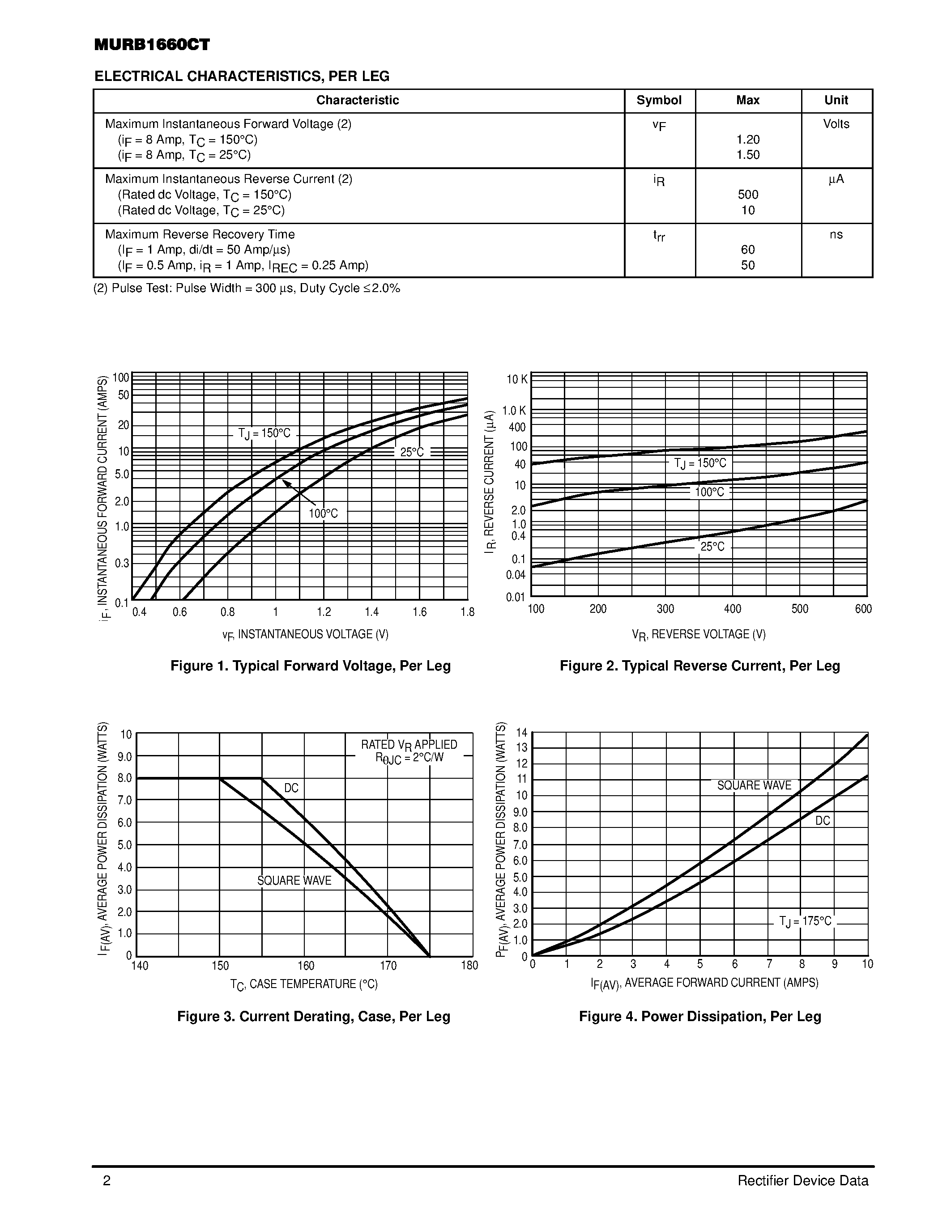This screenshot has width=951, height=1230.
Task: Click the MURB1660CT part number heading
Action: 152,45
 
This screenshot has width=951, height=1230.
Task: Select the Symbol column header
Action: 659,100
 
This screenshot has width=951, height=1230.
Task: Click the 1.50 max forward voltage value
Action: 748,155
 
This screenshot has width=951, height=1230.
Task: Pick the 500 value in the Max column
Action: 748,195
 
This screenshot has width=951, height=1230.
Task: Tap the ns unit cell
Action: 836,234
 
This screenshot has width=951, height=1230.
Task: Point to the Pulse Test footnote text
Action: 247,288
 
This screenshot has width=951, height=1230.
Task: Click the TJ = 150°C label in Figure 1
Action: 264,433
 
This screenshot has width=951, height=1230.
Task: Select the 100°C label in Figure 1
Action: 324,513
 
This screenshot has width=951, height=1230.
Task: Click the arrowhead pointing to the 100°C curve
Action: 285,483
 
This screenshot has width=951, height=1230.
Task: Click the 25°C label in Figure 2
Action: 712,547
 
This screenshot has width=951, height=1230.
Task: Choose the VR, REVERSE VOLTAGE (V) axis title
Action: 699,635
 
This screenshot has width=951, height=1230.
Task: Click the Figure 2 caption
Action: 700,666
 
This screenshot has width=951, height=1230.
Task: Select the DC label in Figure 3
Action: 291,788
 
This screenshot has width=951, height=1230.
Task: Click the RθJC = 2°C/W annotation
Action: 409,758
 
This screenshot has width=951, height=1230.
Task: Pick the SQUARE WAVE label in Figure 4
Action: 754,786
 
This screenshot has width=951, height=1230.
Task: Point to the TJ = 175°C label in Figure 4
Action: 805,921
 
